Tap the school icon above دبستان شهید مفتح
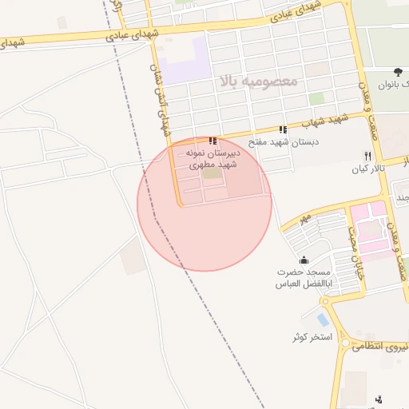(x=282, y=129)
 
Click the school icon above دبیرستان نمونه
(x=212, y=141)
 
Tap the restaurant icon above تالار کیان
(x=367, y=156)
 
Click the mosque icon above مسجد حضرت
(x=304, y=260)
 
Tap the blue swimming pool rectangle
(x=322, y=320)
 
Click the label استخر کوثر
(x=311, y=336)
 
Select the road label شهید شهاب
(x=328, y=121)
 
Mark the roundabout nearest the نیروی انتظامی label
(x=345, y=343)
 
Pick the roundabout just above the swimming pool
(x=325, y=300)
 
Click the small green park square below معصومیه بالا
(x=317, y=98)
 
